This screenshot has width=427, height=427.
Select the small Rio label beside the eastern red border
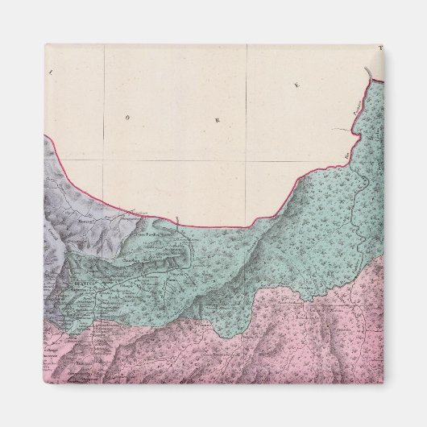347,151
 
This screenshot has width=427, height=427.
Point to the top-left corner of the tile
45,44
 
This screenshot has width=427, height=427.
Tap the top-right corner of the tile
383,44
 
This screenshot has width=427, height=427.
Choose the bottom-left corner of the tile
45,383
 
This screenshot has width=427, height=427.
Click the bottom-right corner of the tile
383,383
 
